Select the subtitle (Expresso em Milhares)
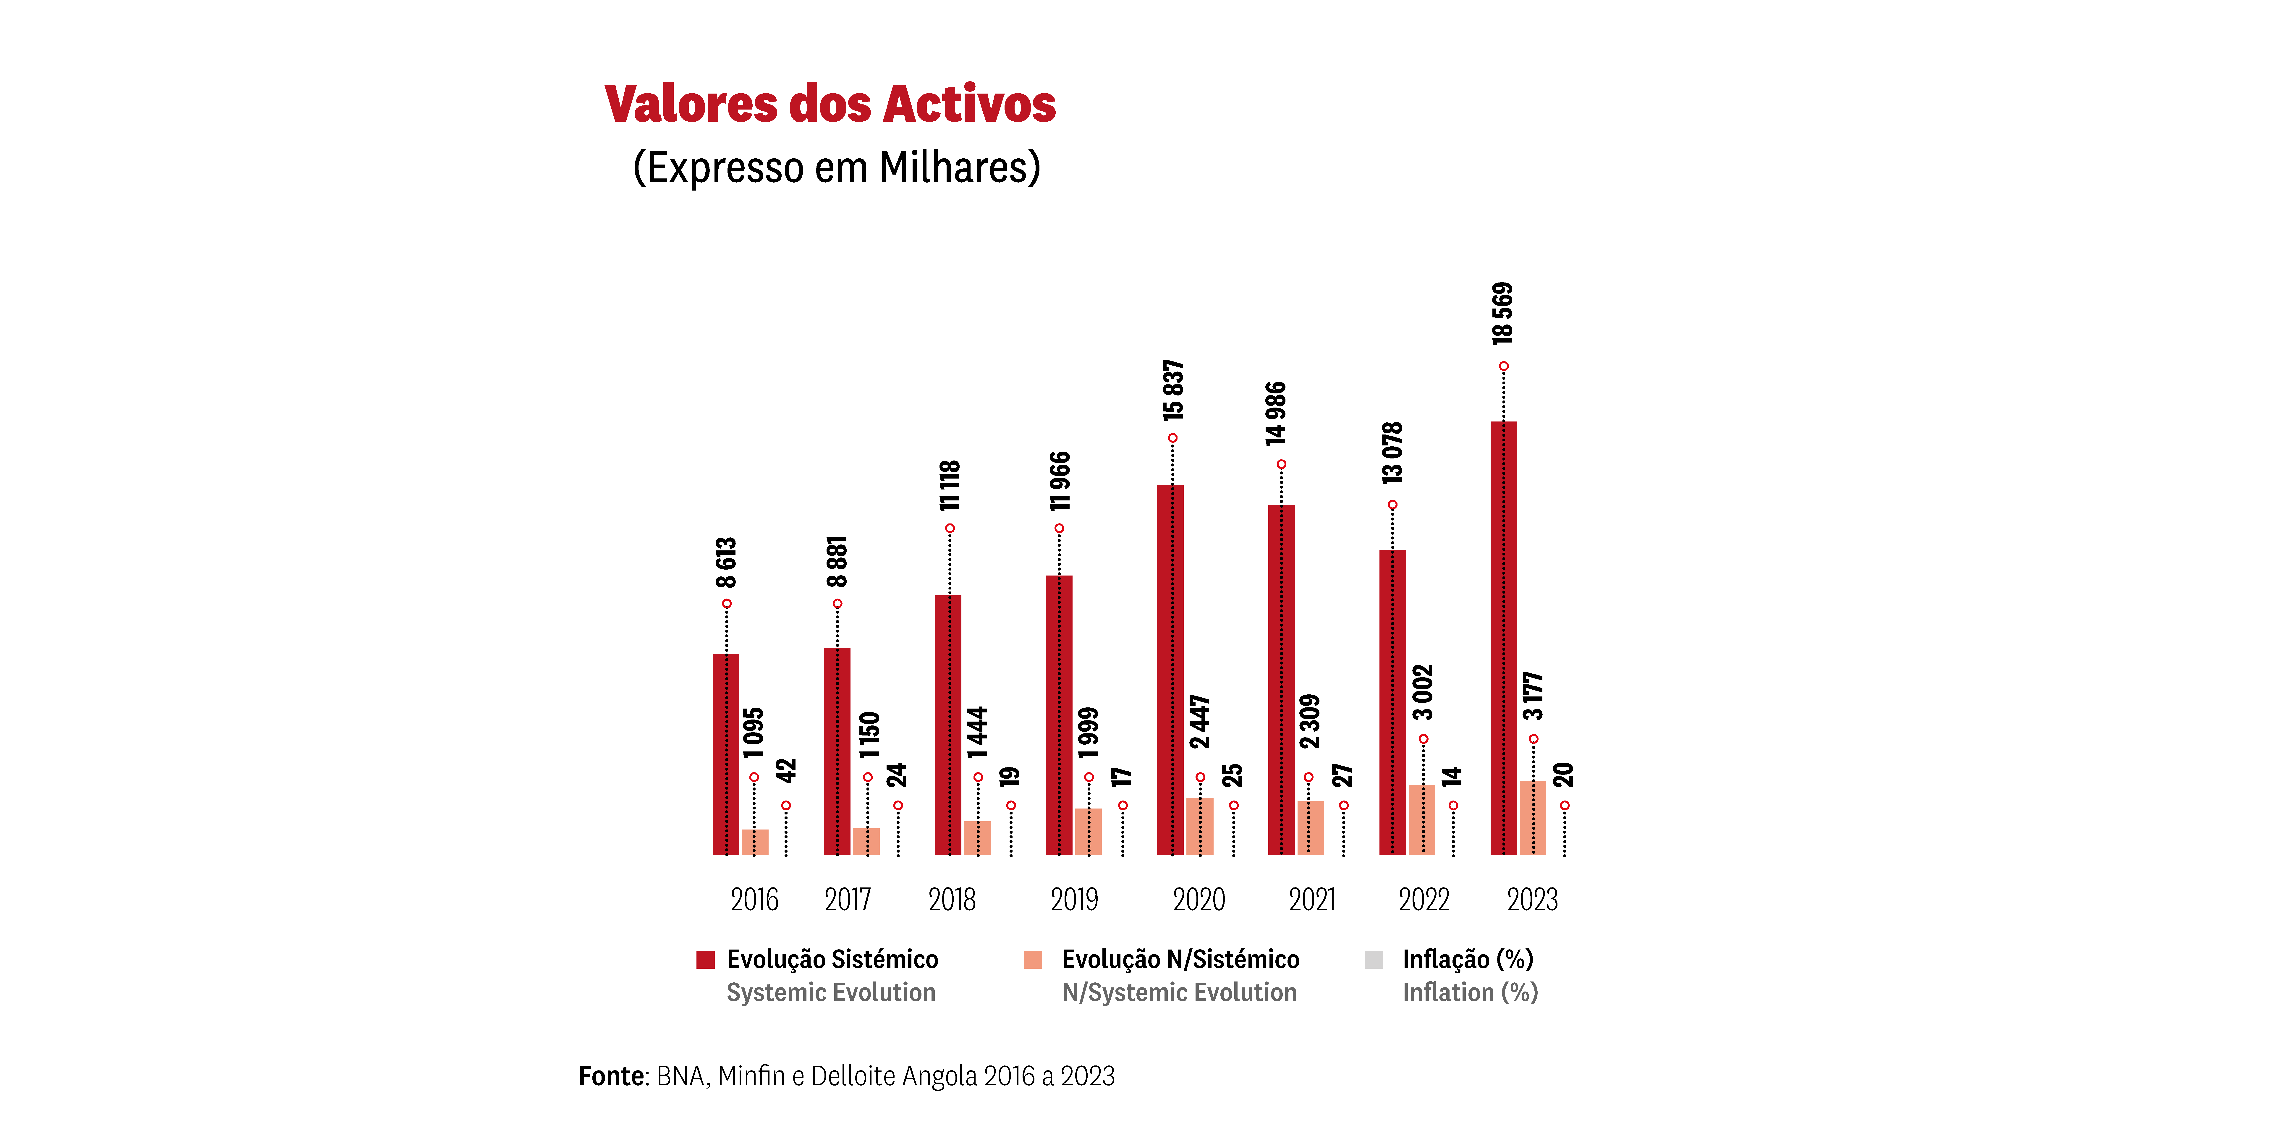pos(836,167)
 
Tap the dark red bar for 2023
pos(1503,638)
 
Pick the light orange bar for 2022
pos(1422,819)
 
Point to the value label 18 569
pos(1502,314)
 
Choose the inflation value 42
pos(786,771)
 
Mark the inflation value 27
pos(1343,775)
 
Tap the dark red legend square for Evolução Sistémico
pos(705,959)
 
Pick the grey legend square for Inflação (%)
pos(1373,959)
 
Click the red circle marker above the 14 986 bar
pos(1281,464)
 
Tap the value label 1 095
pos(753,733)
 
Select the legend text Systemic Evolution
pos(831,992)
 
